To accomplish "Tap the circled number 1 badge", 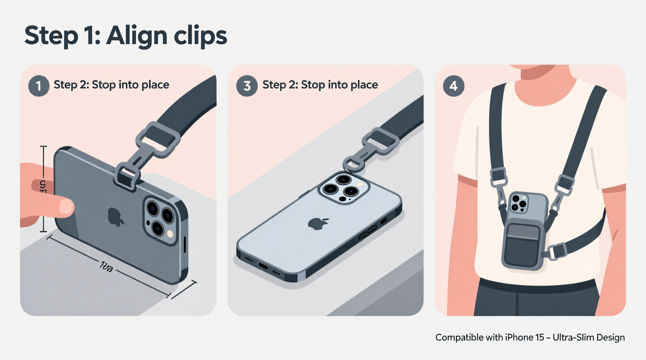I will point(38,85).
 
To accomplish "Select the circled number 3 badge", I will point(247,85).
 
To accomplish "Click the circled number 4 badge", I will point(453,85).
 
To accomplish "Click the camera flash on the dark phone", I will point(170,234).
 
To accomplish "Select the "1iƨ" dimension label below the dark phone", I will point(106,267).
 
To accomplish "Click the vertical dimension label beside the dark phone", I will point(43,186).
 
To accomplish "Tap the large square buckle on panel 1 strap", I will point(158,139).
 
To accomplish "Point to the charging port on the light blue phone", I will point(263,266).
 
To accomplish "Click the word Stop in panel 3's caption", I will point(313,85).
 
